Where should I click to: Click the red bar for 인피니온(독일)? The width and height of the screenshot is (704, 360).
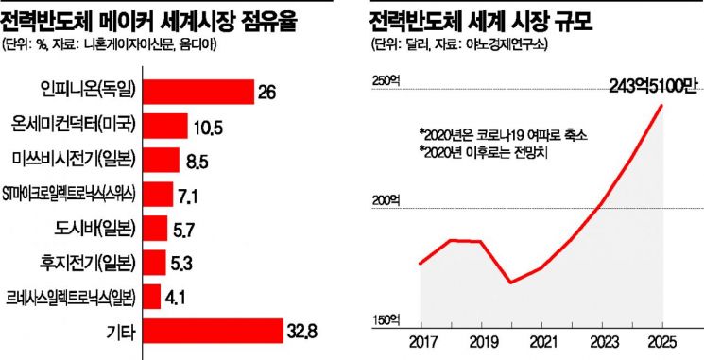[x=198, y=92]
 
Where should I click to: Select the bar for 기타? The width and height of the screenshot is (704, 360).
[x=213, y=331]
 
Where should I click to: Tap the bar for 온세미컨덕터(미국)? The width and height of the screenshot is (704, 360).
[x=165, y=126]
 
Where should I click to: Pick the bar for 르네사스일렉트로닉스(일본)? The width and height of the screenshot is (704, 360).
[x=152, y=297]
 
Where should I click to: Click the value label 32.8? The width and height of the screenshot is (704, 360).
[x=301, y=333]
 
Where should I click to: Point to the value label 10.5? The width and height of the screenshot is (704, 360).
[x=209, y=129]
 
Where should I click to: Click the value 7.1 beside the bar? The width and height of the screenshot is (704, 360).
[x=187, y=197]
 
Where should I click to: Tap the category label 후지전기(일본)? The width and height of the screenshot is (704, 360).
[x=87, y=263]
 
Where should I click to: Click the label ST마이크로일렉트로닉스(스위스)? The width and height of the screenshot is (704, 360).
[x=69, y=195]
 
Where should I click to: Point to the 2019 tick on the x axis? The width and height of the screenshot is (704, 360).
[x=481, y=342]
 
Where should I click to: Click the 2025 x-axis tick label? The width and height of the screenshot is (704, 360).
[x=662, y=342]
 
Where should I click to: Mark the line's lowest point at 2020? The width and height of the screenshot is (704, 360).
[x=511, y=283]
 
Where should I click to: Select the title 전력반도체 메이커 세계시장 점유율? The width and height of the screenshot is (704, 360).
[x=149, y=22]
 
